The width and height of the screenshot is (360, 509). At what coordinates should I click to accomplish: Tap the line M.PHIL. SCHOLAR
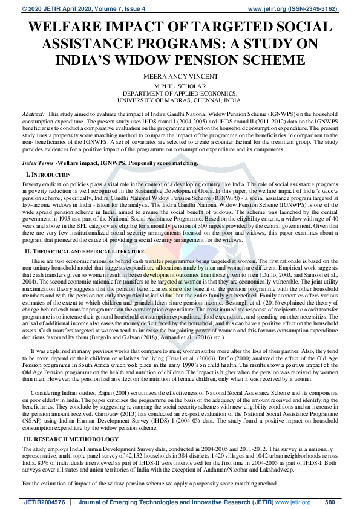click(180, 87)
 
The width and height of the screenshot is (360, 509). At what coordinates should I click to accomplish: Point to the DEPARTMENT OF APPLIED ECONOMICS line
click(180, 94)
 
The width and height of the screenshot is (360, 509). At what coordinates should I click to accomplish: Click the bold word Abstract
click(33, 114)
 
